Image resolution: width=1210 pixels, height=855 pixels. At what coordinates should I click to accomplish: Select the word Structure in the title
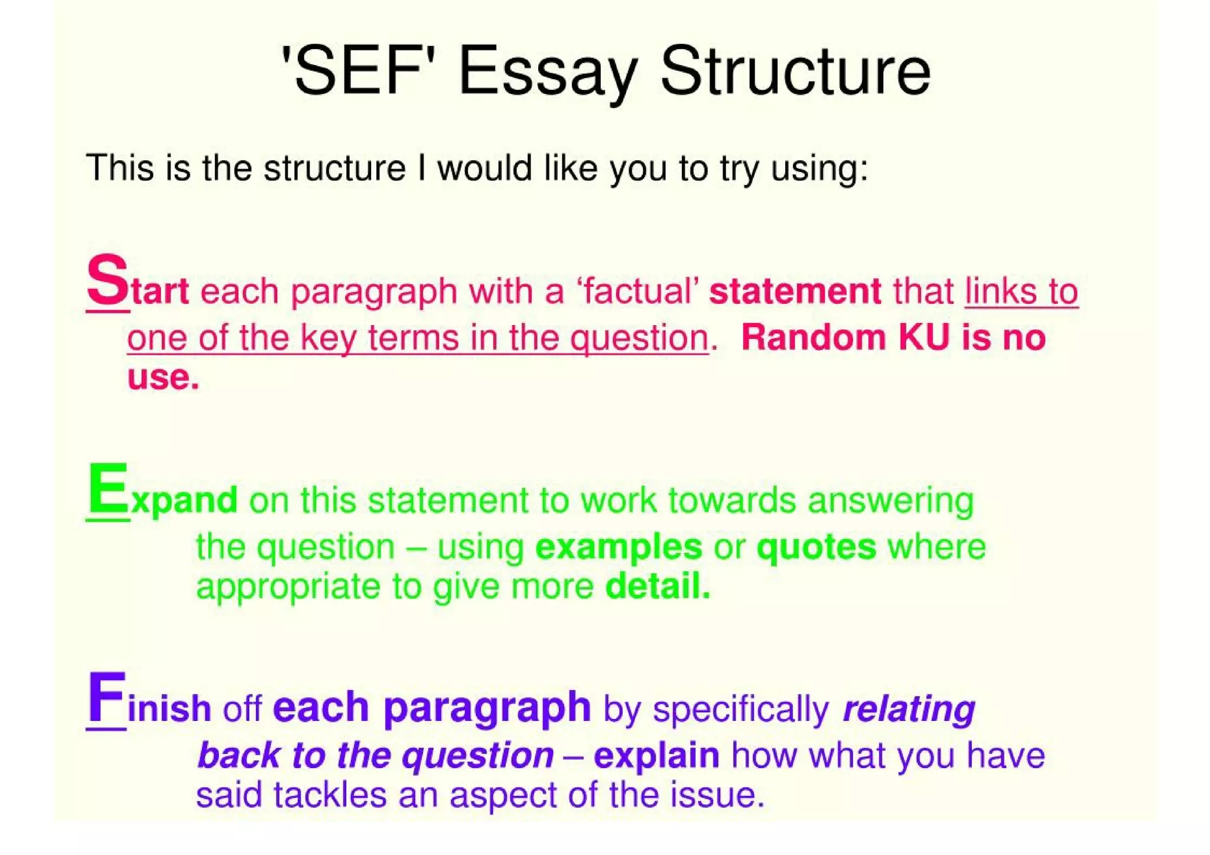(795, 71)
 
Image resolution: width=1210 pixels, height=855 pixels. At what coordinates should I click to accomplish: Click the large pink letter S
(107, 280)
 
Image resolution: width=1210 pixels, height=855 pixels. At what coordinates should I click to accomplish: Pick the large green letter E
(108, 489)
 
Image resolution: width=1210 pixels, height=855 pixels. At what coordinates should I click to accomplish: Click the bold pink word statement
(795, 291)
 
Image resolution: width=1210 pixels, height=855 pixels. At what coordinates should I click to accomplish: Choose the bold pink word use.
(162, 378)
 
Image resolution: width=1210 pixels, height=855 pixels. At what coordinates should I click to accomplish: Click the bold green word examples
(619, 547)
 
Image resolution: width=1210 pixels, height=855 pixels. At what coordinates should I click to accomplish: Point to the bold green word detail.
(658, 586)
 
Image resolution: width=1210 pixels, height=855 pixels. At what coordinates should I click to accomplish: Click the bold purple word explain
(656, 756)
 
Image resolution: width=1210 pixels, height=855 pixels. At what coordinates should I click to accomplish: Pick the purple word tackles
(330, 795)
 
